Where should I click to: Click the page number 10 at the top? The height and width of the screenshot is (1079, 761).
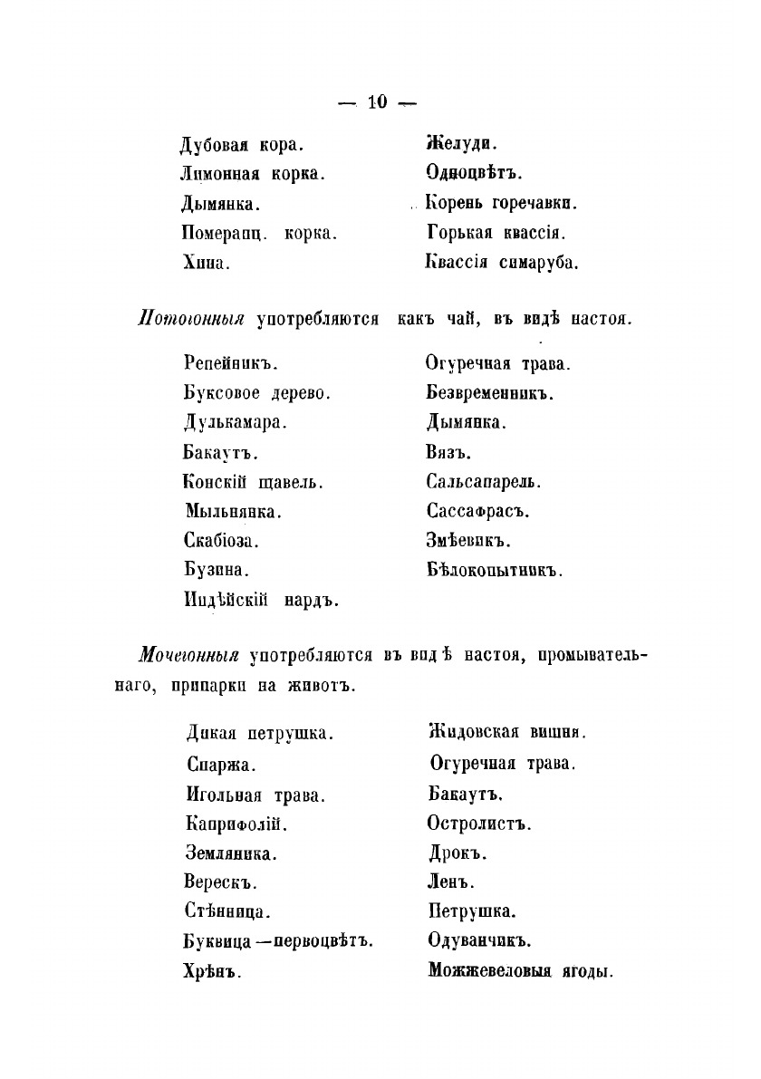tap(378, 101)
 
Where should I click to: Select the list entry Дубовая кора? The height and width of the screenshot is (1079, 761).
tap(241, 143)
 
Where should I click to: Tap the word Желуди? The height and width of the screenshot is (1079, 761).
tap(461, 143)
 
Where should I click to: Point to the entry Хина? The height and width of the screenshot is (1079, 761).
tap(206, 263)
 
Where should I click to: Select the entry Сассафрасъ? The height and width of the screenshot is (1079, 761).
tap(477, 511)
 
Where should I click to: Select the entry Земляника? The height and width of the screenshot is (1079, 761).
tap(231, 853)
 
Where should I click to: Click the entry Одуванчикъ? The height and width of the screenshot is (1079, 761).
tap(479, 941)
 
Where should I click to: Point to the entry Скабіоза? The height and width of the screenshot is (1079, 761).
tap(220, 541)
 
